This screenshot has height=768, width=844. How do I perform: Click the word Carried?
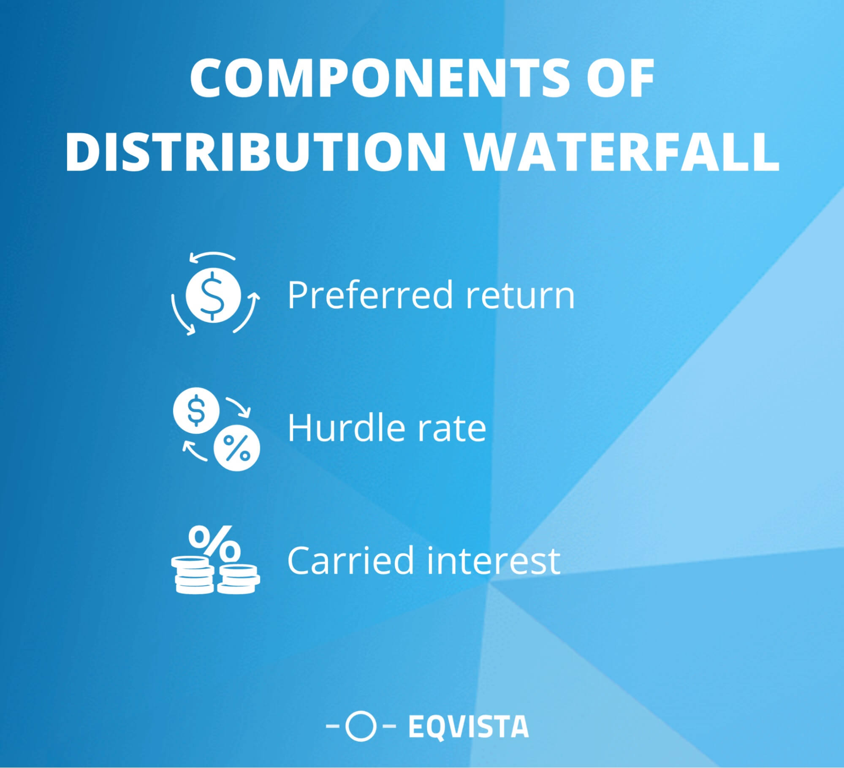click(351, 560)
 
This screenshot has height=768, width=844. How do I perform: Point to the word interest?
click(494, 560)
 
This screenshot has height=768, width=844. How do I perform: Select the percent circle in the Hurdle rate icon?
click(237, 450)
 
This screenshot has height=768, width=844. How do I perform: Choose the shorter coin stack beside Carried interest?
click(239, 579)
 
